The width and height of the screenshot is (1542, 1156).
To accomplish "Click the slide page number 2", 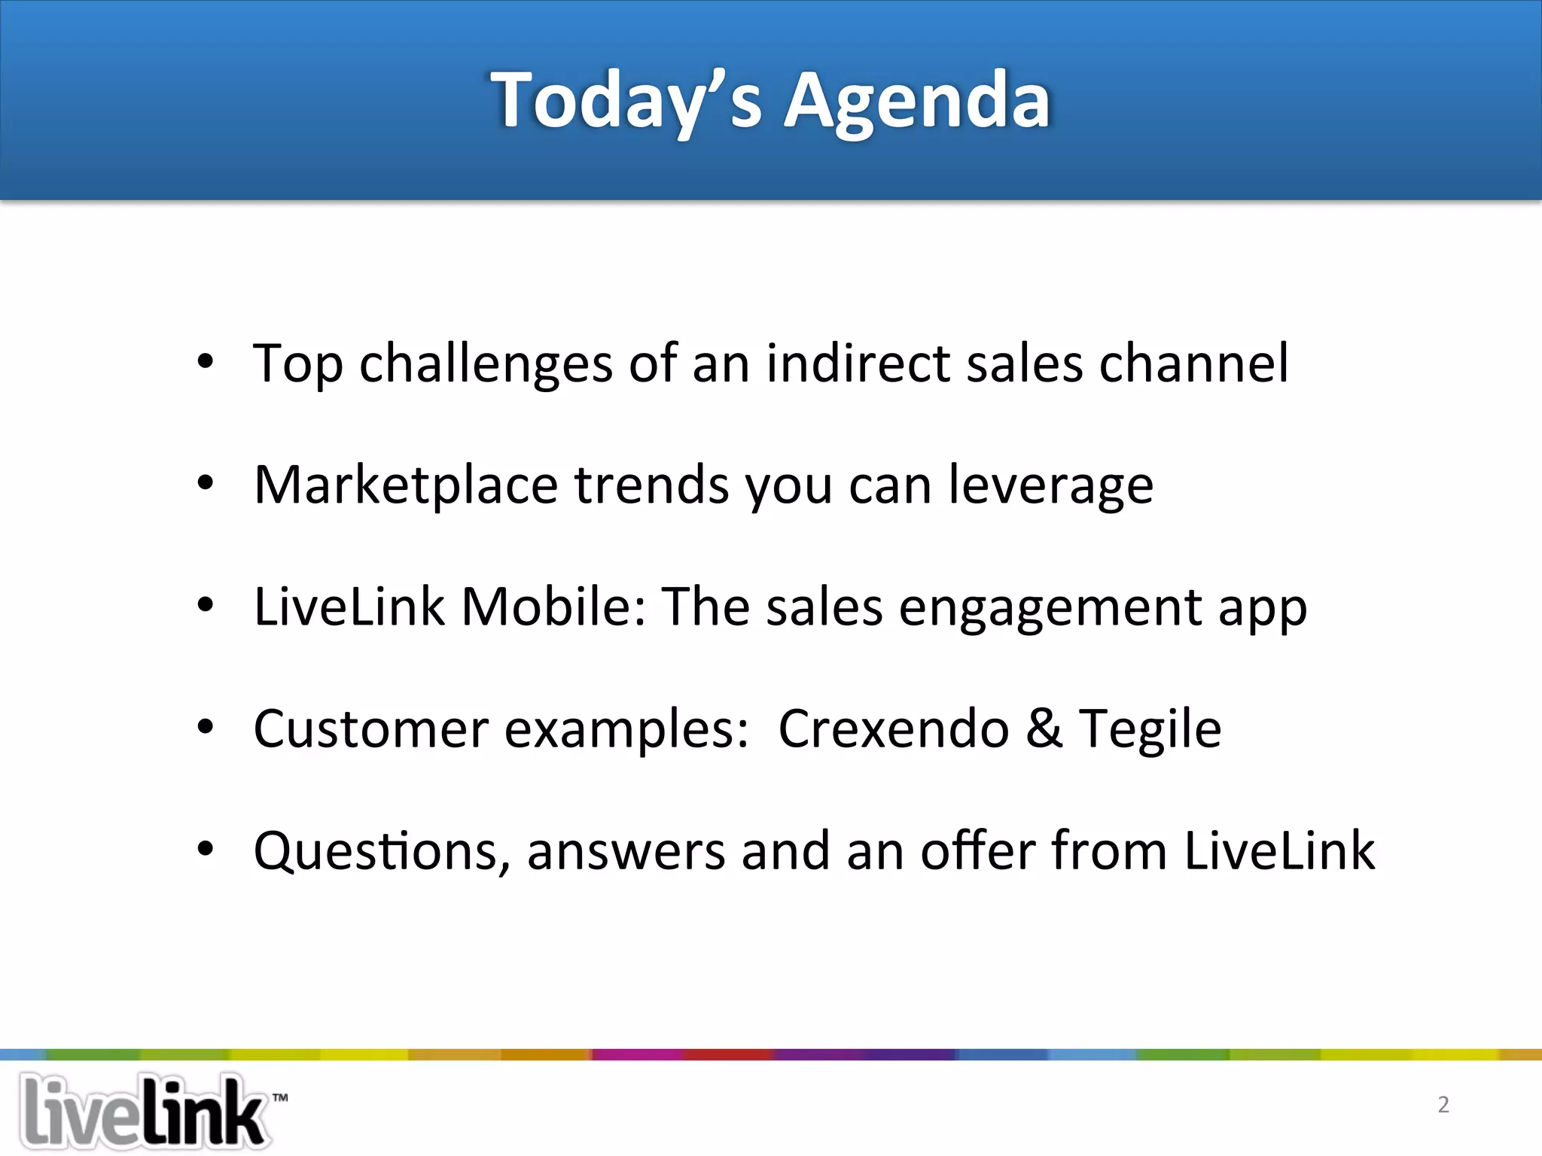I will click(1443, 1104).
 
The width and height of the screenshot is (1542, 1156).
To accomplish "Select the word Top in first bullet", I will click(297, 365).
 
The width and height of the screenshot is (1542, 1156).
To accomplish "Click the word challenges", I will click(486, 364).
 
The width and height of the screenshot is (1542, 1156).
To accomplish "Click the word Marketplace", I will click(406, 485).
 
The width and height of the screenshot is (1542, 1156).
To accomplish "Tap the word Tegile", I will click(1150, 730).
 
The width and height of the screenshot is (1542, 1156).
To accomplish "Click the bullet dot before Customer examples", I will click(206, 727).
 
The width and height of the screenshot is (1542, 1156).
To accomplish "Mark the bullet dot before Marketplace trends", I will click(206, 483).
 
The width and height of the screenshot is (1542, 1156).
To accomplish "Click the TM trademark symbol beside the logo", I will click(280, 1097).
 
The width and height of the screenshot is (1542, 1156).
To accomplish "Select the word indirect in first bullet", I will click(858, 364).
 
